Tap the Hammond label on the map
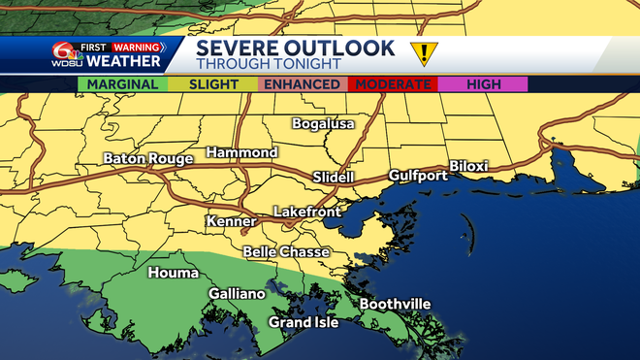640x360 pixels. click(x=241, y=153)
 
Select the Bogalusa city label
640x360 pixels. click(x=324, y=124)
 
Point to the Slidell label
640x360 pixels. click(x=335, y=178)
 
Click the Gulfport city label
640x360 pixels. click(x=418, y=176)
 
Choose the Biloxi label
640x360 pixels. click(x=468, y=167)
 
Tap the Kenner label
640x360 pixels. click(x=231, y=222)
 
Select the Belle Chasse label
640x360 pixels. click(x=286, y=252)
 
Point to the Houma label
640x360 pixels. click(x=173, y=274)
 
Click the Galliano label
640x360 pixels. click(x=237, y=294)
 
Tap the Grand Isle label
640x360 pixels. click(x=304, y=322)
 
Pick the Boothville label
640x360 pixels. click(x=395, y=305)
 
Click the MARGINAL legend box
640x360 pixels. click(x=122, y=84)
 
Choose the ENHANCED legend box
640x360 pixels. click(x=303, y=84)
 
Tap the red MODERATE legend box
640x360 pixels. click(x=393, y=84)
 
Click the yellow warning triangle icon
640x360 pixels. click(x=423, y=53)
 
